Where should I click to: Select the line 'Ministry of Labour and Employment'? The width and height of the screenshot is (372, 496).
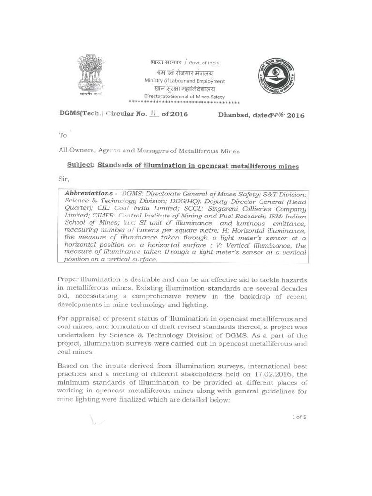(x=185, y=81)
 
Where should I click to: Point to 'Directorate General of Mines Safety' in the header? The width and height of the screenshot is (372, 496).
(x=185, y=96)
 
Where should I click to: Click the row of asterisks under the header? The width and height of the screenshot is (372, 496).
(x=185, y=103)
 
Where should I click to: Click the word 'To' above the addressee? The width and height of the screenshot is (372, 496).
(x=63, y=135)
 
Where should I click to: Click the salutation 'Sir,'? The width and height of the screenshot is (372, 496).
(x=64, y=179)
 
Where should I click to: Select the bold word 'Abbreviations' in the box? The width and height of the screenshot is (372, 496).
(x=89, y=193)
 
